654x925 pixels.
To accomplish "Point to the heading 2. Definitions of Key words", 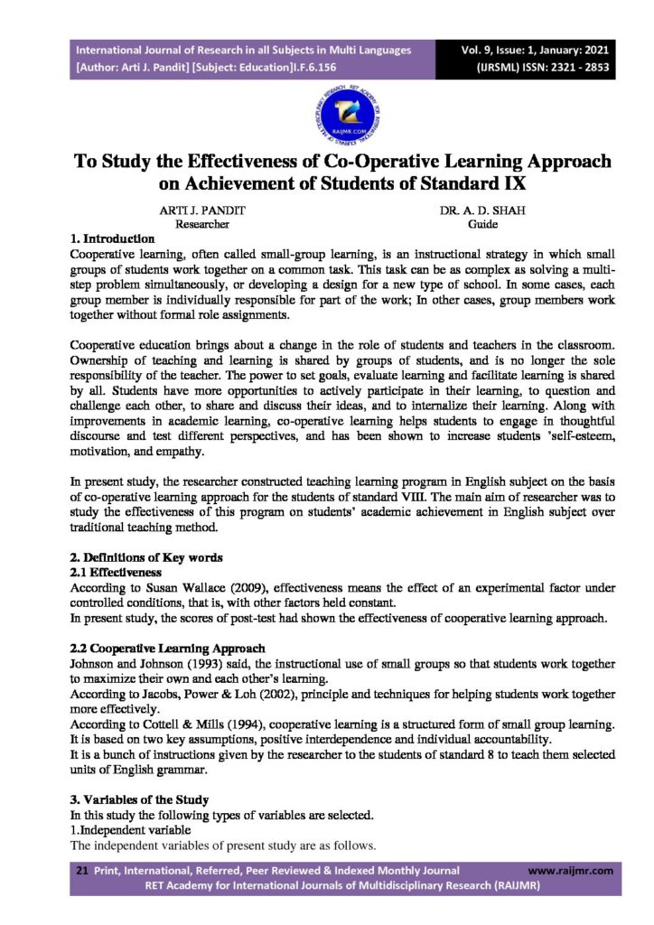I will click(146, 557).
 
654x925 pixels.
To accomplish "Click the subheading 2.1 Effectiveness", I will click(116, 572).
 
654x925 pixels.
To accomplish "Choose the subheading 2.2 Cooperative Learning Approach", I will click(167, 649).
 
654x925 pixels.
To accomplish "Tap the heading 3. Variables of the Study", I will click(139, 799).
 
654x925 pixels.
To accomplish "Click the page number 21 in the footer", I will click(80, 871).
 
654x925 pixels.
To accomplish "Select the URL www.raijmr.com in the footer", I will click(569, 871).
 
